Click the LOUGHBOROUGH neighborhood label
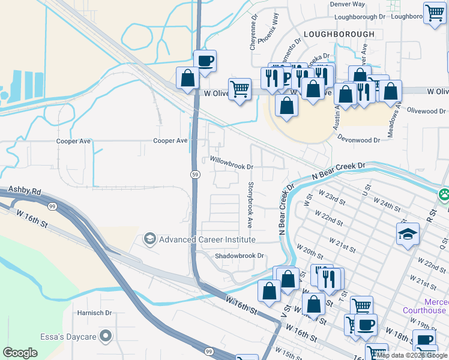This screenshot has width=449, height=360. pyautogui.click(x=339, y=34)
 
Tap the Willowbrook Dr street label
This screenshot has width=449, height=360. pyautogui.click(x=231, y=160)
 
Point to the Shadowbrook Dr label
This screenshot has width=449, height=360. pyautogui.click(x=240, y=256)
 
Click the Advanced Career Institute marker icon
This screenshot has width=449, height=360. pyautogui.click(x=149, y=239)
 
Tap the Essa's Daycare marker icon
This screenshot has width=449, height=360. pyautogui.click(x=106, y=335)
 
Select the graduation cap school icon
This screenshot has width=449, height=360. pyautogui.click(x=408, y=233)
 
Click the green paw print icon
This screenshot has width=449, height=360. pyautogui.click(x=444, y=194)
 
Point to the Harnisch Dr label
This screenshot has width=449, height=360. pyautogui.click(x=95, y=313)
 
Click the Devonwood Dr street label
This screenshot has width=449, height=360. pyautogui.click(x=360, y=140)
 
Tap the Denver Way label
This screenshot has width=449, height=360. pyautogui.click(x=347, y=4)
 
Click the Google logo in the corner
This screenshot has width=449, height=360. pyautogui.click(x=20, y=352)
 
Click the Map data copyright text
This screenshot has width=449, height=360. pyautogui.click(x=412, y=355)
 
